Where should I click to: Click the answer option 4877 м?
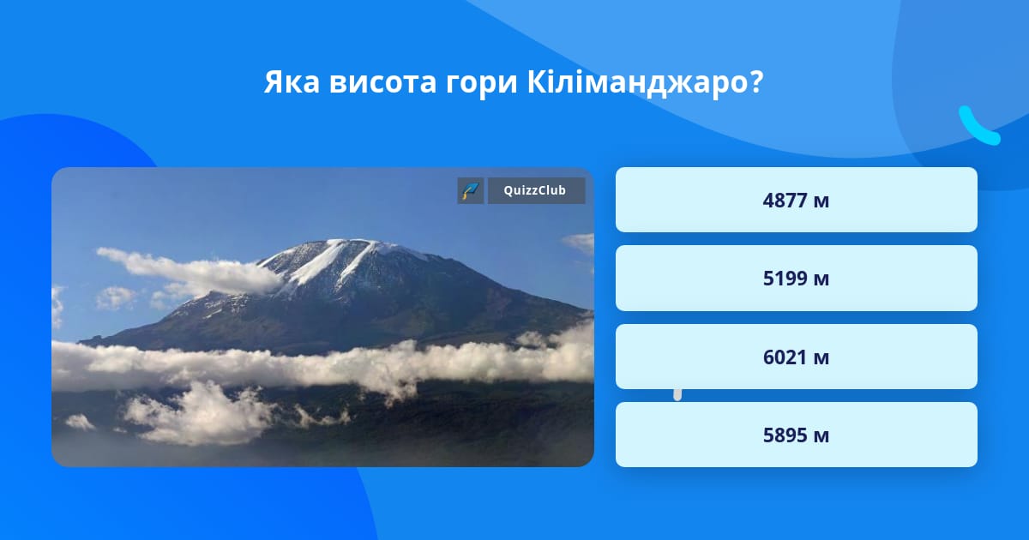(x=796, y=200)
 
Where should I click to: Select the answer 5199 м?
(x=796, y=279)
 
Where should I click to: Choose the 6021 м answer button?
(x=796, y=357)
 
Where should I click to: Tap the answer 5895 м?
(x=796, y=435)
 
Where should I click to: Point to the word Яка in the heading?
(x=292, y=82)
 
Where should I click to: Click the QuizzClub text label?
(x=535, y=190)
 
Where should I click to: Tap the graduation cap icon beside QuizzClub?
(x=471, y=190)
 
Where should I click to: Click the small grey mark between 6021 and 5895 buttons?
(x=677, y=395)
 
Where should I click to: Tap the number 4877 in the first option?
(x=785, y=201)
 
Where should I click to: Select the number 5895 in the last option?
(x=785, y=435)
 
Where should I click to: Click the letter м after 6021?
(x=821, y=358)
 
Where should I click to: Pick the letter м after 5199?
(x=821, y=280)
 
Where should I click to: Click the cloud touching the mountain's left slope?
(x=193, y=273)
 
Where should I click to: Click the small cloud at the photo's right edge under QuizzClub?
(x=580, y=243)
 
